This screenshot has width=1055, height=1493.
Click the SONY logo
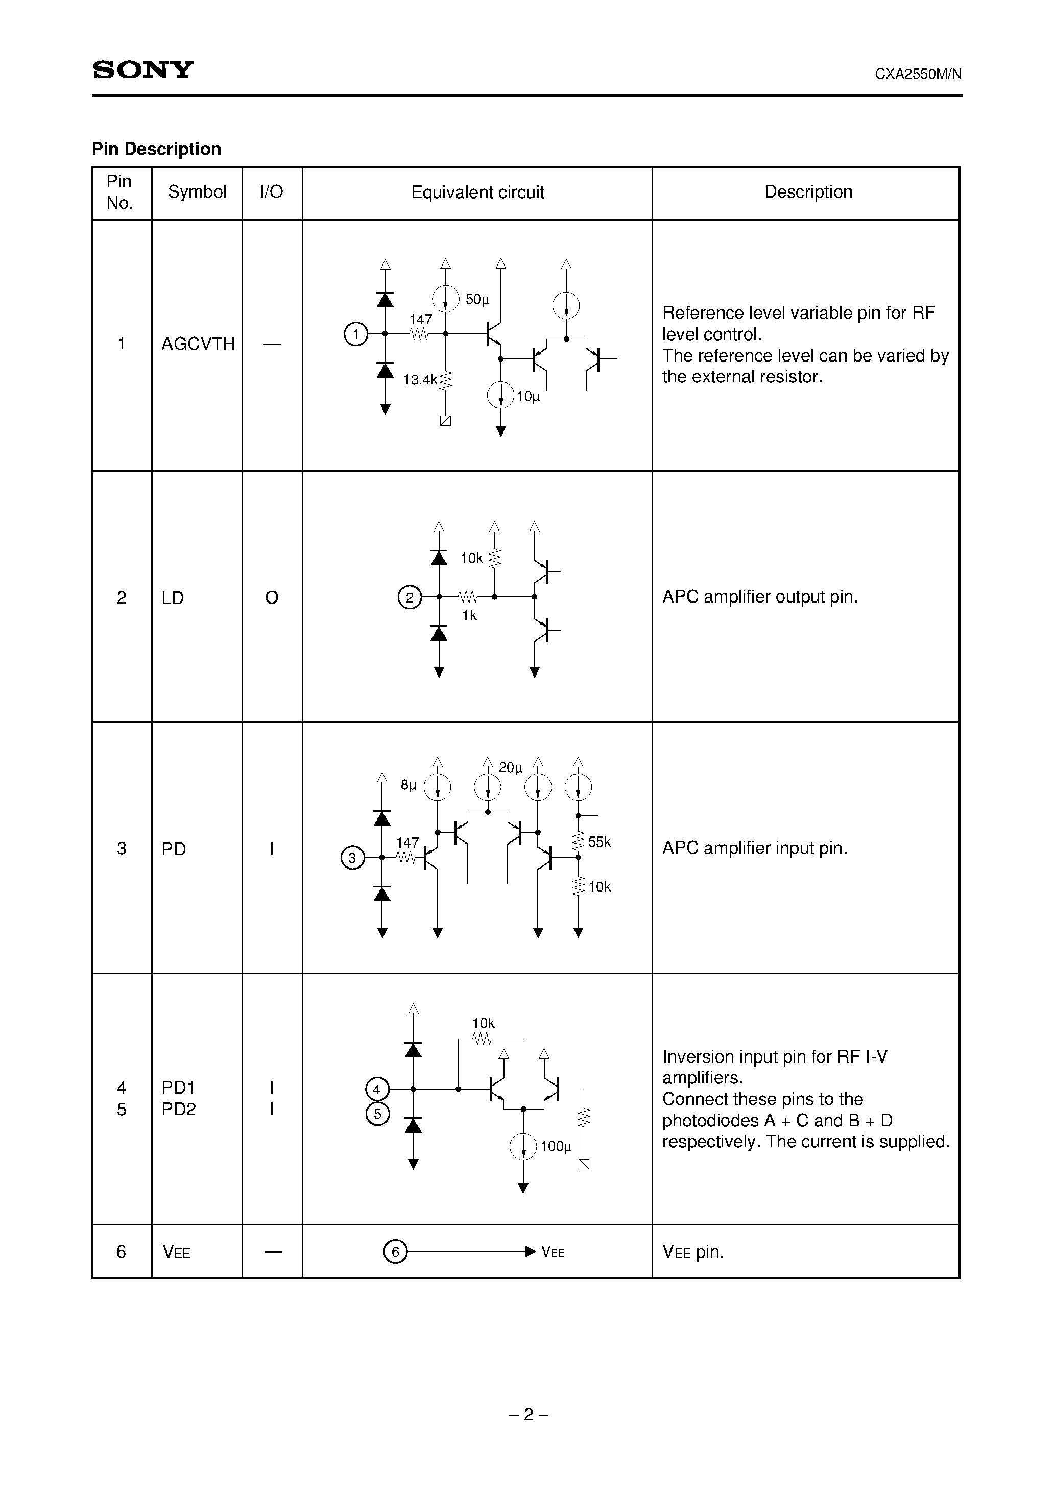[x=143, y=69]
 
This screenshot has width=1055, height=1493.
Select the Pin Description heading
[x=157, y=149]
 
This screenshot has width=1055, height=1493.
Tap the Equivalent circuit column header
[x=477, y=192]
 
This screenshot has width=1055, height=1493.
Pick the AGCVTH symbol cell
[x=198, y=343]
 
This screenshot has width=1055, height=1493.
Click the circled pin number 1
[x=356, y=334]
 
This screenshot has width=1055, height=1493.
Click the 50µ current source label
[x=477, y=299]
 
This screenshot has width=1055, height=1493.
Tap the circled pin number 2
[x=410, y=597]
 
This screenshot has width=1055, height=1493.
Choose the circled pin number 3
[x=352, y=858]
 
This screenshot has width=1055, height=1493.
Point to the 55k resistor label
[x=600, y=842]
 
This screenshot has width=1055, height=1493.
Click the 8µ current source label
[x=409, y=785]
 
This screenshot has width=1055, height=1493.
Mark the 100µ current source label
[x=556, y=1146]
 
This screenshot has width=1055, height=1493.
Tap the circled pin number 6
[x=395, y=1252]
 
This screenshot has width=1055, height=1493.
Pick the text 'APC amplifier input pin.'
[x=755, y=848]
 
